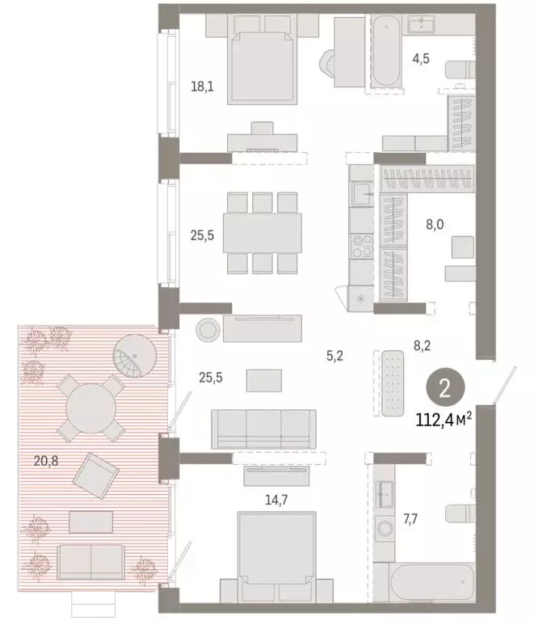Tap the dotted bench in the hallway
[x=395, y=382]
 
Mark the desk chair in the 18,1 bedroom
[x=332, y=65]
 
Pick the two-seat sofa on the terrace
[x=90, y=560]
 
